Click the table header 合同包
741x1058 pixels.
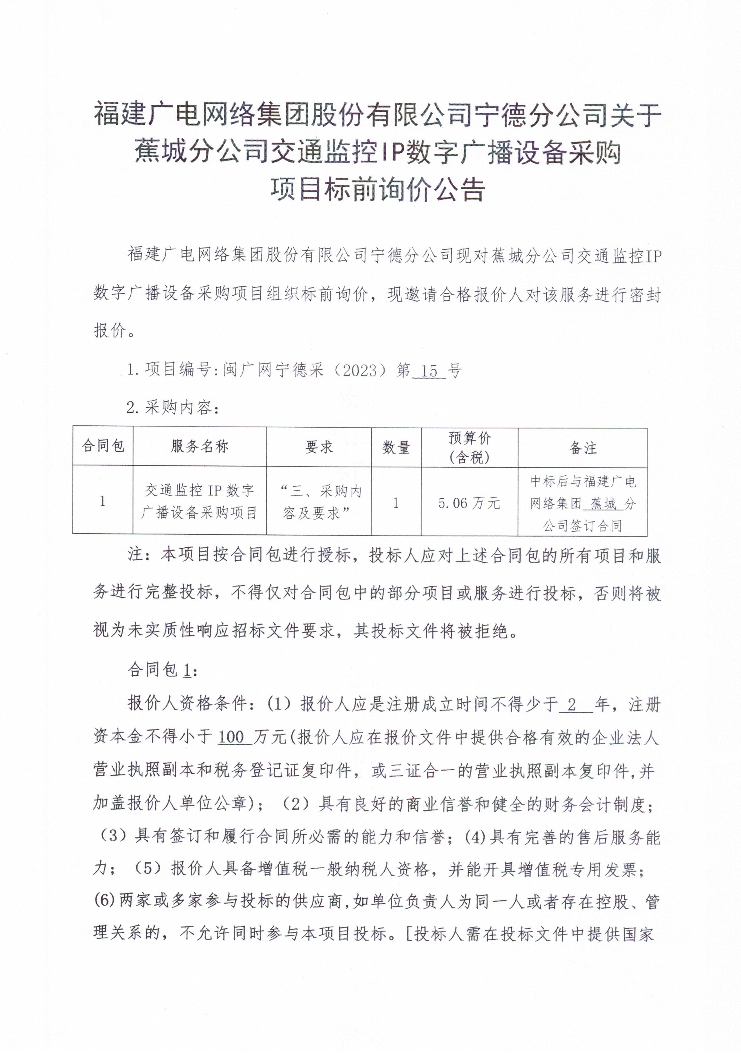pos(103,446)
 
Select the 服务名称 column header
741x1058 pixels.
pos(199,446)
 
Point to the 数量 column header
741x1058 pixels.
pos(396,447)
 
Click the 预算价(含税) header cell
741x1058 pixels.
pos(469,447)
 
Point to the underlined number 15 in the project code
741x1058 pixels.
pos(429,371)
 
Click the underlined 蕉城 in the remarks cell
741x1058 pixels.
pos(604,504)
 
